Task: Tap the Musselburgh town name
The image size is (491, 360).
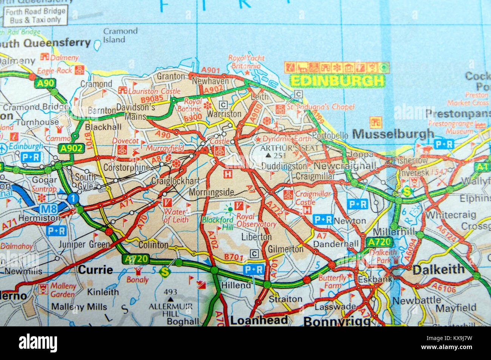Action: pyautogui.click(x=393, y=134)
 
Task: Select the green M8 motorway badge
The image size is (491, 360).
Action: pyautogui.click(x=48, y=208)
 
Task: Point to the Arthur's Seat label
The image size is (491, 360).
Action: pyautogui.click(x=290, y=148)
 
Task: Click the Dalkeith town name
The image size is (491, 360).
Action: pyautogui.click(x=438, y=269)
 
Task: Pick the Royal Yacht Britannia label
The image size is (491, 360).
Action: pyautogui.click(x=246, y=62)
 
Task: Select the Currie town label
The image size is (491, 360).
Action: pyautogui.click(x=95, y=270)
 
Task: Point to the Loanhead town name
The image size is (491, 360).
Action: pyautogui.click(x=259, y=320)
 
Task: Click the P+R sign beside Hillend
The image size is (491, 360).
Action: pyautogui.click(x=253, y=270)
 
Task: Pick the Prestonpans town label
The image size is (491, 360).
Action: pyautogui.click(x=458, y=113)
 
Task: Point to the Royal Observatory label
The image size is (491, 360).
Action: pyautogui.click(x=256, y=220)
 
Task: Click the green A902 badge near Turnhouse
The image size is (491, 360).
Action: pyautogui.click(x=71, y=148)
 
